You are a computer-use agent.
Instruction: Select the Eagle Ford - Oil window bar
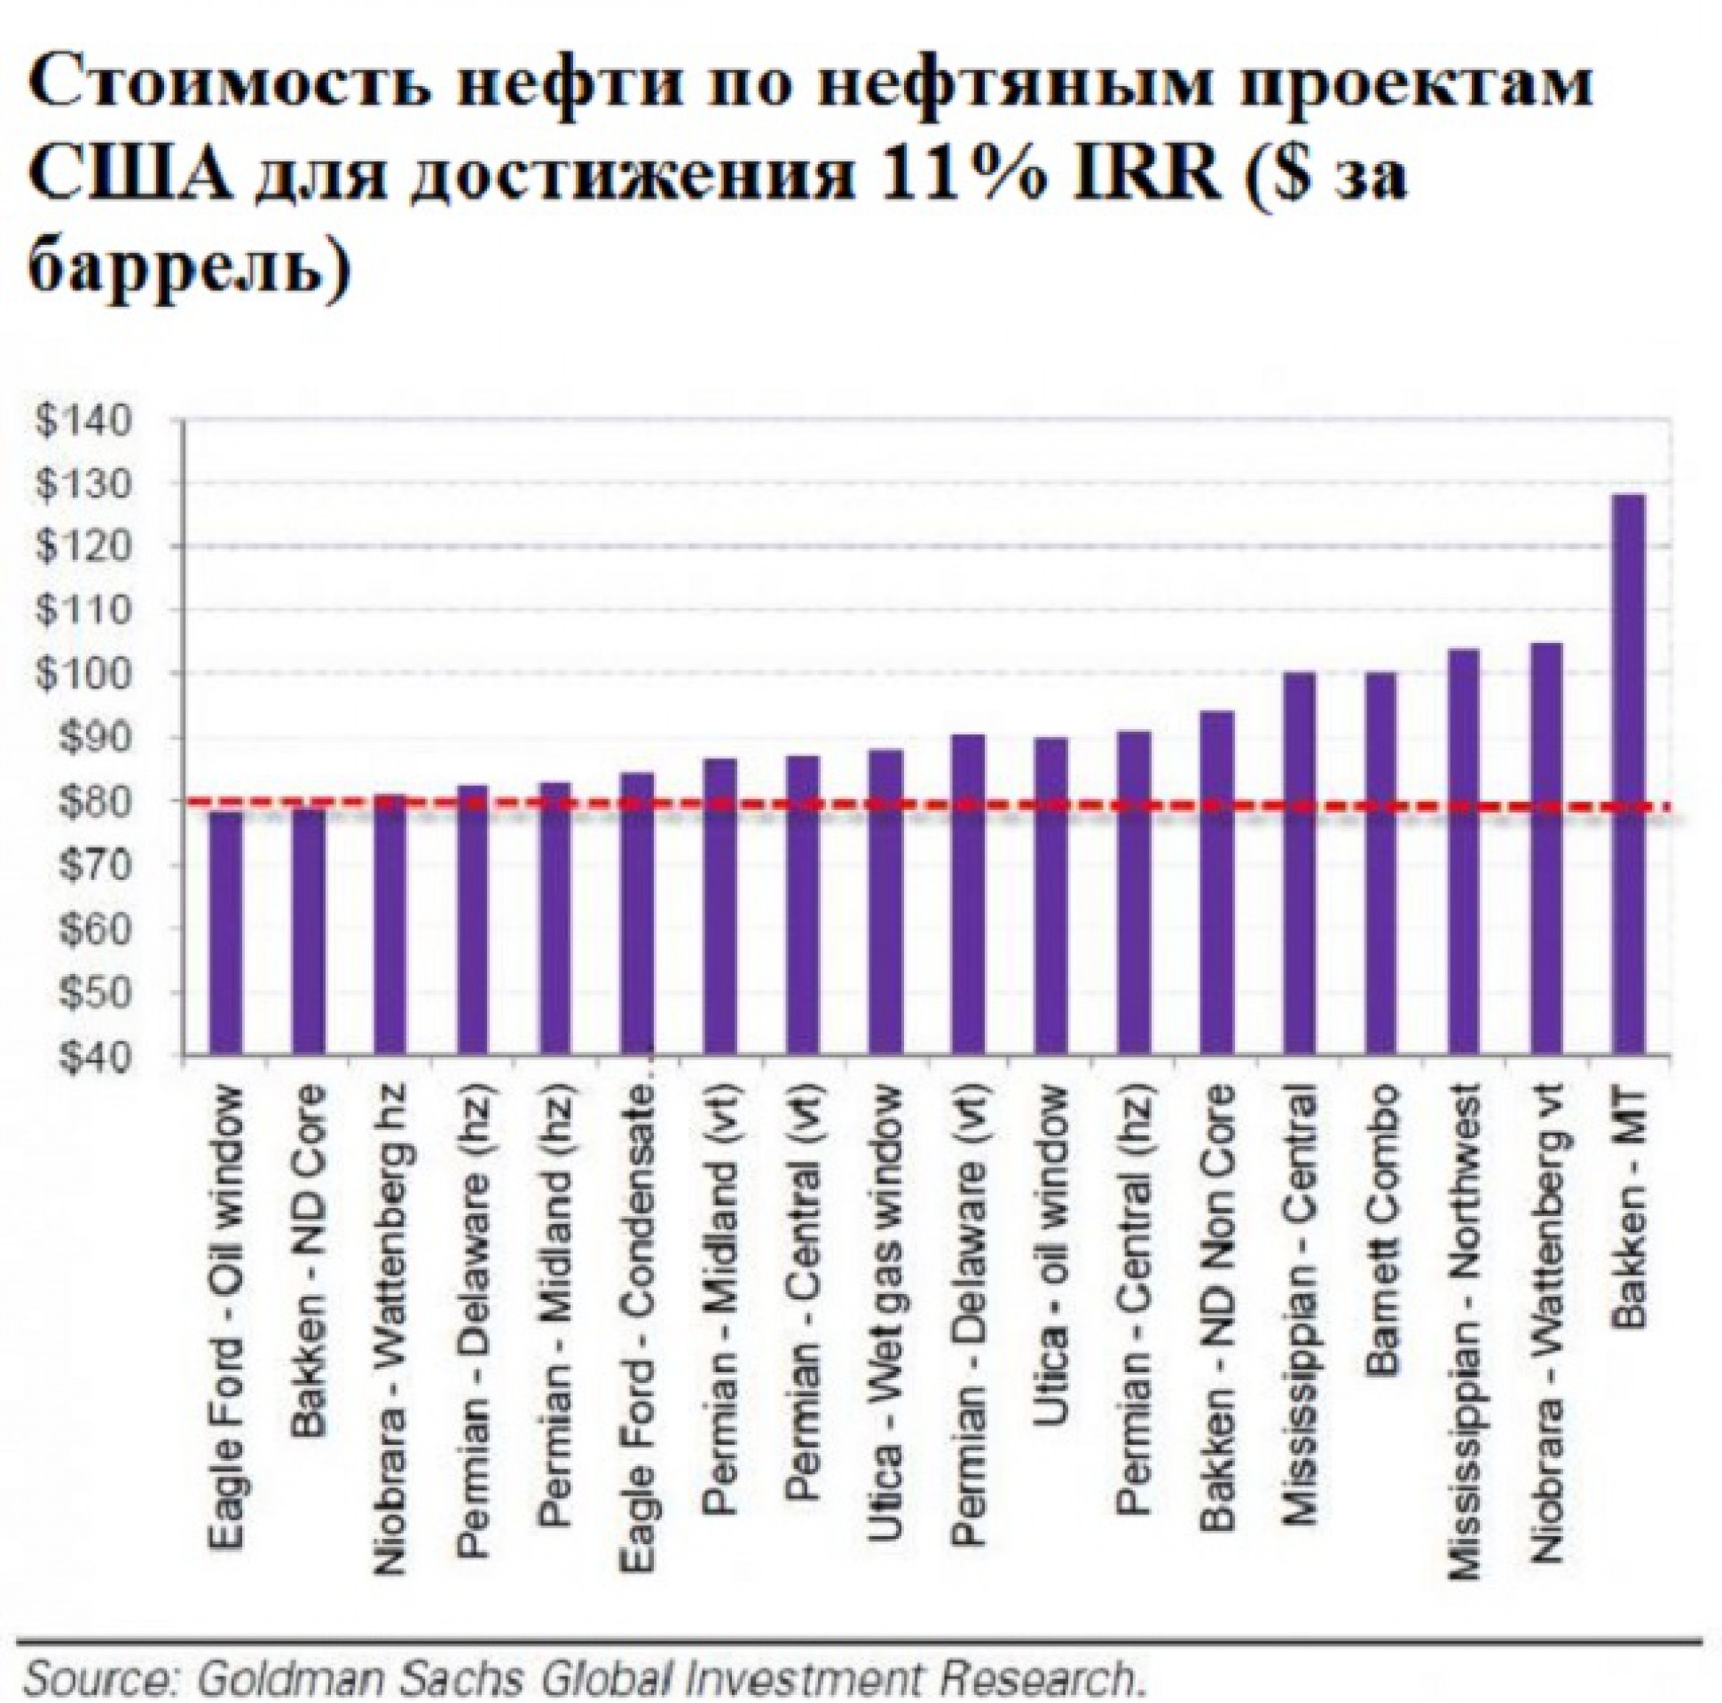[225, 932]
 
